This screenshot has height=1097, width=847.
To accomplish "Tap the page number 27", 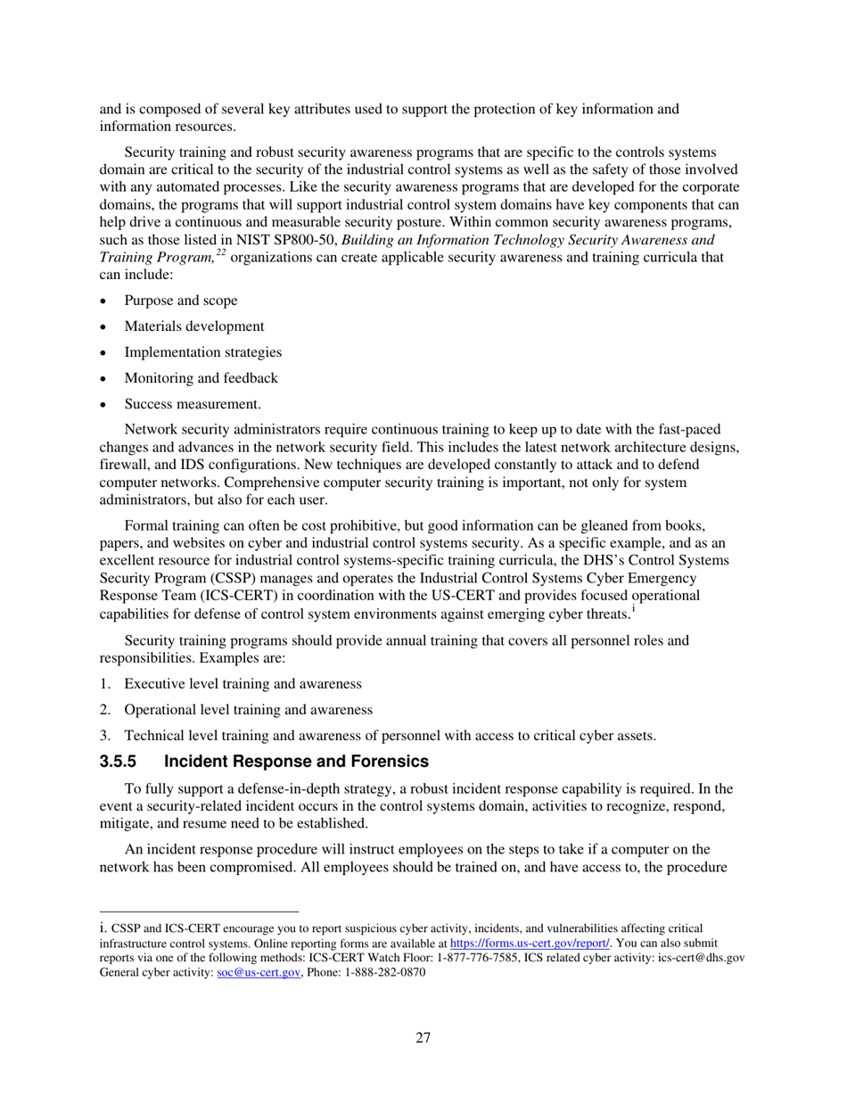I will click(423, 1037).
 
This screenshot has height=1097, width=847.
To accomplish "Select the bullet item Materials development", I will click(193, 326).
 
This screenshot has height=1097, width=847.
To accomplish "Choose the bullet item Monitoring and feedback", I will click(201, 378).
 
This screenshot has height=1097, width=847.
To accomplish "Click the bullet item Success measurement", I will click(193, 404).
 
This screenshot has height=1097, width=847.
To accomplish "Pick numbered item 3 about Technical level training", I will click(390, 736).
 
